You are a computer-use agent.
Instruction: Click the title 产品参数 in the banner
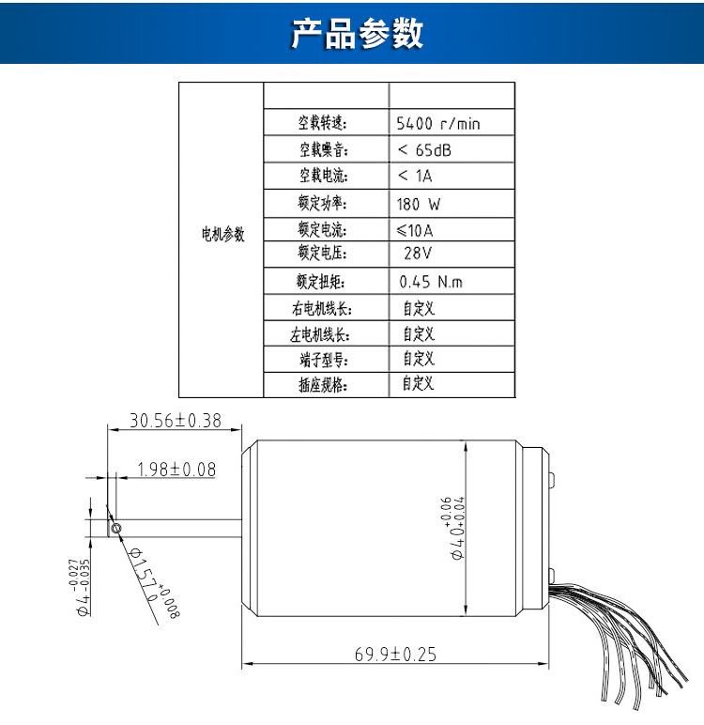pyautogui.click(x=357, y=34)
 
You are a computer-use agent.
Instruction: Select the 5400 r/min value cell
pyautogui.click(x=438, y=123)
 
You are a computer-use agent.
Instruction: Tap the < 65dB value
pyautogui.click(x=424, y=149)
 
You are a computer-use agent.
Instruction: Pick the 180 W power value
pyautogui.click(x=419, y=203)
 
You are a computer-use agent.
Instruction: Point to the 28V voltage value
pyautogui.click(x=418, y=254)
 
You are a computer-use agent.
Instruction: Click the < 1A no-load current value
pyautogui.click(x=415, y=176)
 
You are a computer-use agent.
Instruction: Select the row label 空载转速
pyautogui.click(x=323, y=123)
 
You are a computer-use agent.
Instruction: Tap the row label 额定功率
pyautogui.click(x=323, y=203)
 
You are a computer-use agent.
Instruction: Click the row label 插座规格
pyautogui.click(x=323, y=383)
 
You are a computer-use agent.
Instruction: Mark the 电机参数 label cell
pyautogui.click(x=223, y=235)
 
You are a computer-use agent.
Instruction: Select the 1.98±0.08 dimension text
pyautogui.click(x=176, y=469)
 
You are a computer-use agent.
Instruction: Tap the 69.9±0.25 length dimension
pyautogui.click(x=395, y=655)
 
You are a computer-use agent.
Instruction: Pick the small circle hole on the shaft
pyautogui.click(x=115, y=529)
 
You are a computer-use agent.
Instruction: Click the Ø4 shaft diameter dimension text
pyautogui.click(x=83, y=588)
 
